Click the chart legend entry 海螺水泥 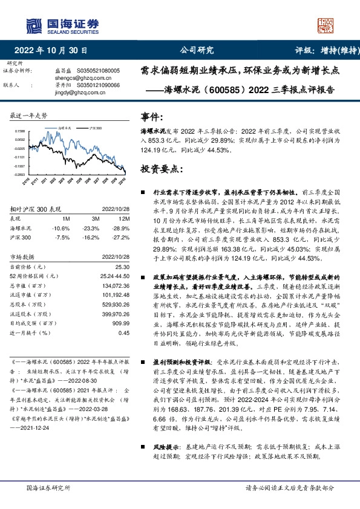[67, 129]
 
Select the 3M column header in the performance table [95, 218]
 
